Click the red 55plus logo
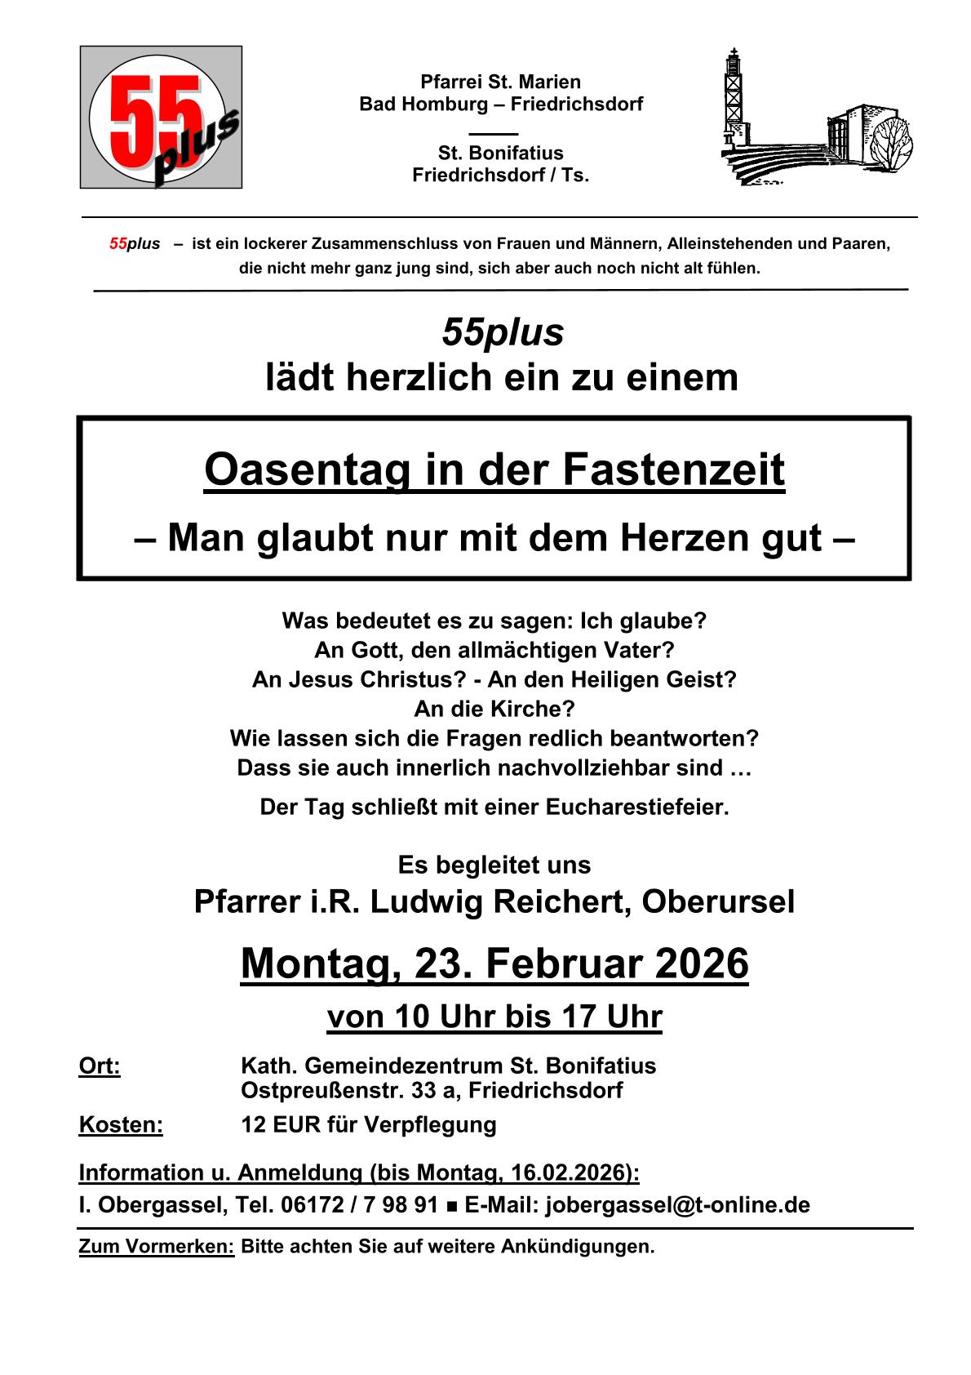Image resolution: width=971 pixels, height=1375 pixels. click(x=161, y=118)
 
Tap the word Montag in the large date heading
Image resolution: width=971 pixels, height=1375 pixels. click(x=317, y=963)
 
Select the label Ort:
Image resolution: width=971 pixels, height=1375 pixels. click(x=100, y=1066)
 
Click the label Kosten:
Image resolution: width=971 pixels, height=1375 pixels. click(x=121, y=1124)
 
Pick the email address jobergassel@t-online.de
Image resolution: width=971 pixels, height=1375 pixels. click(x=677, y=1204)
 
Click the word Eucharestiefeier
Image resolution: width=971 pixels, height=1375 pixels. click(x=636, y=808)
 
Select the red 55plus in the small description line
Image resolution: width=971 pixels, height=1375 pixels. click(x=135, y=244)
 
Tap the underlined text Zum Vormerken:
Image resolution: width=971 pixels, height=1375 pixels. click(x=156, y=1247)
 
